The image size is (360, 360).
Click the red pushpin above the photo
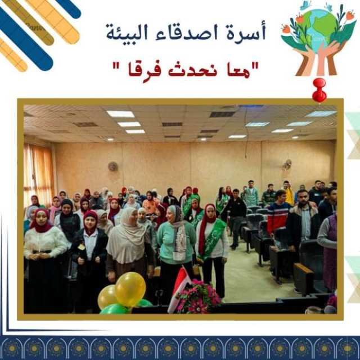319,90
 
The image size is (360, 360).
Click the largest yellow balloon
130,289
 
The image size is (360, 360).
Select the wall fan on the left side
113,166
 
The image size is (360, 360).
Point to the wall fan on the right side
287,165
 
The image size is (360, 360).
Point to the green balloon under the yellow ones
114,309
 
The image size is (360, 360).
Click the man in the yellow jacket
288,193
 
